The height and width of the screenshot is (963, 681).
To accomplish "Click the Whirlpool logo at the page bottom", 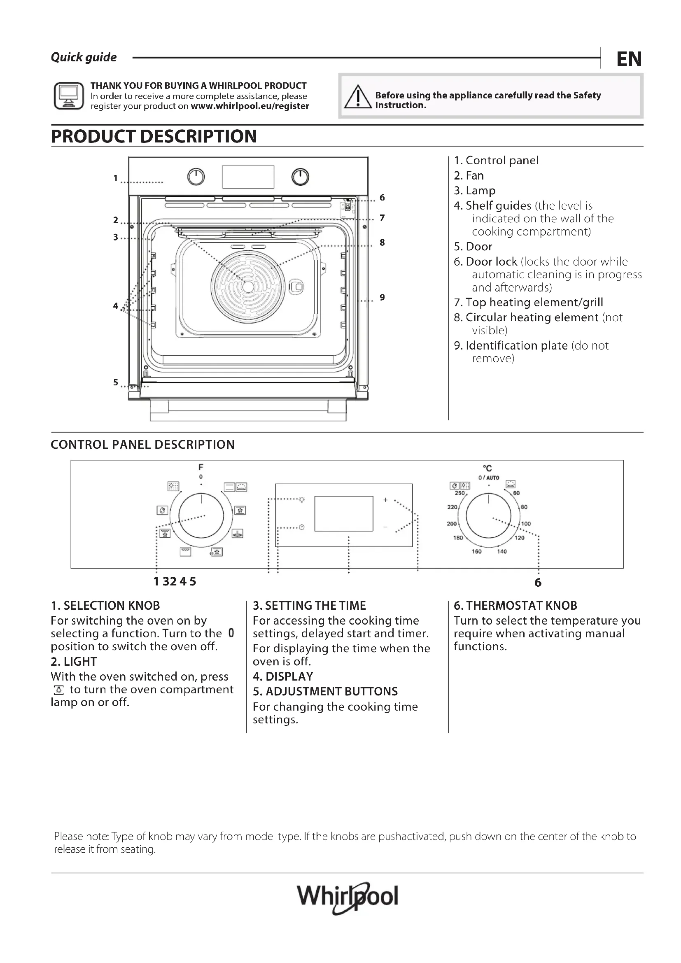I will click(347, 897).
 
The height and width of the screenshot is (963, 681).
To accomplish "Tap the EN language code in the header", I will click(629, 59).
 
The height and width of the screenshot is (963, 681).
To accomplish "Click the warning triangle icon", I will click(357, 97).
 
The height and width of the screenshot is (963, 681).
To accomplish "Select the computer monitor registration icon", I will click(69, 96).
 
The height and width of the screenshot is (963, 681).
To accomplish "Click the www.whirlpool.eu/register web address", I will click(250, 106).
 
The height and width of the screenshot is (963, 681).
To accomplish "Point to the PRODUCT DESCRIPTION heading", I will click(154, 136).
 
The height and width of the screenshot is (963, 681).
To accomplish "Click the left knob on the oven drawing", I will click(196, 177).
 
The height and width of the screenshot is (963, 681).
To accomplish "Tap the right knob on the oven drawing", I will click(300, 177).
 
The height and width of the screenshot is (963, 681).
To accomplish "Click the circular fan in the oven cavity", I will click(248, 287).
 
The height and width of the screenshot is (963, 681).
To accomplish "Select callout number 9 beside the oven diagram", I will click(382, 297).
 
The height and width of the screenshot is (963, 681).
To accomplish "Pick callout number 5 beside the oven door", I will click(116, 382).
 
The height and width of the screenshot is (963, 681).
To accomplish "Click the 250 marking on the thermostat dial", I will click(459, 493).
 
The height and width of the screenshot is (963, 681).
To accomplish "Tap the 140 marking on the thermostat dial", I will click(502, 552).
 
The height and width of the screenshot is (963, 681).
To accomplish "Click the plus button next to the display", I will click(385, 500).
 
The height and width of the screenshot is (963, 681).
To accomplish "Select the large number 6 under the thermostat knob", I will click(538, 583).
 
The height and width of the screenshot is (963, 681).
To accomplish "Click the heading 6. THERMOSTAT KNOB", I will click(515, 606).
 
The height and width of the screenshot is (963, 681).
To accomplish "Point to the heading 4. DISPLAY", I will click(283, 676).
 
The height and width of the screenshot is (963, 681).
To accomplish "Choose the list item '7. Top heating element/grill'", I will click(528, 303).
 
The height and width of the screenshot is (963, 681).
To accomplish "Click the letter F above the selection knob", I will click(201, 467).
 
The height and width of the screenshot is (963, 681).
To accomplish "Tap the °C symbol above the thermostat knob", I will click(487, 468).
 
